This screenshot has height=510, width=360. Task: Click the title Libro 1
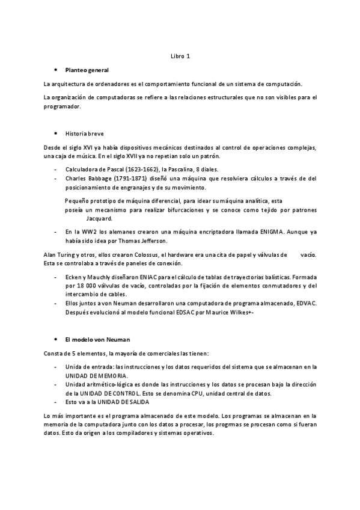[x=180, y=57]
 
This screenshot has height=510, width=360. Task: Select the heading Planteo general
[x=87, y=70]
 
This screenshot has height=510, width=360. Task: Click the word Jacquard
[x=99, y=219]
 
